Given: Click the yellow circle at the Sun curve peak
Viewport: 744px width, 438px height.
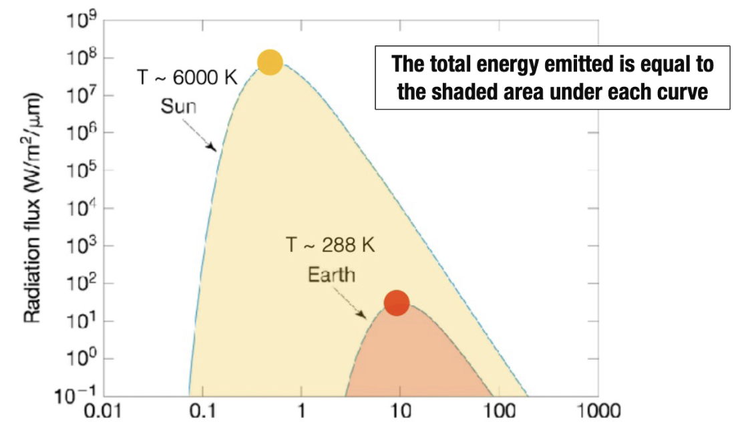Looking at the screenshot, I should point(270,62).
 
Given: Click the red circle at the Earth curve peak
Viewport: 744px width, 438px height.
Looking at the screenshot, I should point(397,303).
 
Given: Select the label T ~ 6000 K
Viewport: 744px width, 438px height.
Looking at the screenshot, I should point(187,77).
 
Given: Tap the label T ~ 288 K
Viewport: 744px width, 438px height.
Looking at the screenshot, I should point(331,246).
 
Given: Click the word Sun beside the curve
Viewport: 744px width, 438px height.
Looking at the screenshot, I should point(178,106).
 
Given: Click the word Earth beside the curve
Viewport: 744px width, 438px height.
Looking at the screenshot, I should point(331,274).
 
